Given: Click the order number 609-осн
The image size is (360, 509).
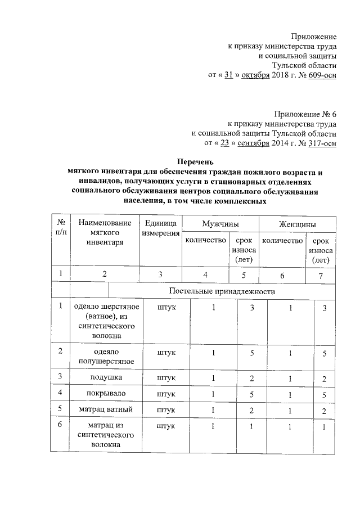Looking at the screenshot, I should point(322,74).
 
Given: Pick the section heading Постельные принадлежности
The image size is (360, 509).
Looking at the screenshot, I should point(222,292).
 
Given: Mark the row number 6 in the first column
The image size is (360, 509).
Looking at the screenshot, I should point(60,425).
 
